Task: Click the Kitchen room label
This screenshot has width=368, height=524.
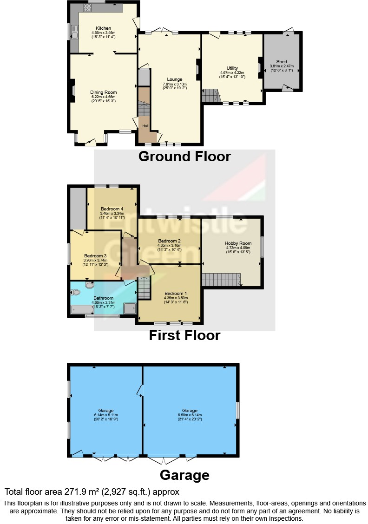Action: (103, 28)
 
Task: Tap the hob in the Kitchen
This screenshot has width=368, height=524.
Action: (87, 7)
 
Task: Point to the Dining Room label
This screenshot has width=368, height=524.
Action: (103, 92)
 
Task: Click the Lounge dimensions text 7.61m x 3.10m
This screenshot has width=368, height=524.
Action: (175, 84)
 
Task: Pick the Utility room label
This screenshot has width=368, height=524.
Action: (232, 68)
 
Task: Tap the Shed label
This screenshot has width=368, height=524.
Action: (282, 61)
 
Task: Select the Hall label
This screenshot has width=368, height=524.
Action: (145, 126)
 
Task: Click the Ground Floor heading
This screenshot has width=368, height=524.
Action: (184, 157)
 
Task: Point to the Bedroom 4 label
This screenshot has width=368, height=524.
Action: (112, 209)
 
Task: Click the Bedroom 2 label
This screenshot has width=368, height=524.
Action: (169, 241)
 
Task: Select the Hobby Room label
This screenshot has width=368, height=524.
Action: (238, 243)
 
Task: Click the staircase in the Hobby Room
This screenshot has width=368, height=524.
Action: (221, 280)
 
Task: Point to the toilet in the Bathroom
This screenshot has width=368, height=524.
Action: (76, 292)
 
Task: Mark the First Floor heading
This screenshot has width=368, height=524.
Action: (184, 335)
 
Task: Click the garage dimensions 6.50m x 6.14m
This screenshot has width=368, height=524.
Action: (190, 415)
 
